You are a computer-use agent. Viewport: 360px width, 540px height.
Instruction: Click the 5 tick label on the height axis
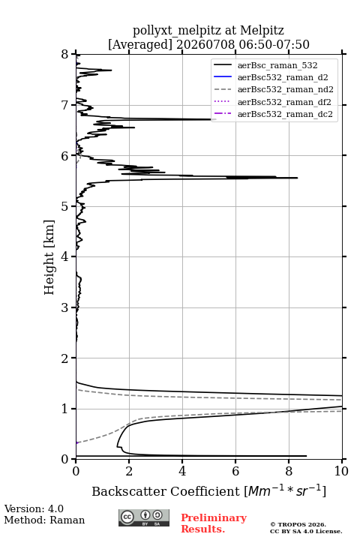click(x=65, y=206)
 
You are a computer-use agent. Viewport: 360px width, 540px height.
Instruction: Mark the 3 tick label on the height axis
click(x=65, y=307)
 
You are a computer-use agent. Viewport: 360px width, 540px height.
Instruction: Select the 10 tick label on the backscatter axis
click(x=341, y=471)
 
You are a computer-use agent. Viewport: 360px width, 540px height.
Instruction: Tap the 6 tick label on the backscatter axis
click(x=235, y=471)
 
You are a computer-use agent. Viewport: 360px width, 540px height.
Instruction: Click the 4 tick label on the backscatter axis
click(x=182, y=471)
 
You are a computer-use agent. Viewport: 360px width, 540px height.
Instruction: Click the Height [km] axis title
click(x=49, y=257)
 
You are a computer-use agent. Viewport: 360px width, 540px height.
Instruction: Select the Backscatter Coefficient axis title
click(x=208, y=491)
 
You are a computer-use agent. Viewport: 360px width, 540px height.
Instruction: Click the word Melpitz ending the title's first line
click(x=262, y=30)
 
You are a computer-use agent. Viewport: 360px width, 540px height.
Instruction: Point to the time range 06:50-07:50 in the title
click(x=273, y=44)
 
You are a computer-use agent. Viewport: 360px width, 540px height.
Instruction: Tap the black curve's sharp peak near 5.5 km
click(x=297, y=178)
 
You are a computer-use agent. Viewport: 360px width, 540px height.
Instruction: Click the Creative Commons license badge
click(x=144, y=517)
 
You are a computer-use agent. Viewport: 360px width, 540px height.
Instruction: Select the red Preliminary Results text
click(x=214, y=523)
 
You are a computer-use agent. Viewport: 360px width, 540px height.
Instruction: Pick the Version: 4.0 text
click(x=34, y=508)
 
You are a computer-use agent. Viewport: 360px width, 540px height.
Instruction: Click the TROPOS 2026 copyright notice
click(x=298, y=524)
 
